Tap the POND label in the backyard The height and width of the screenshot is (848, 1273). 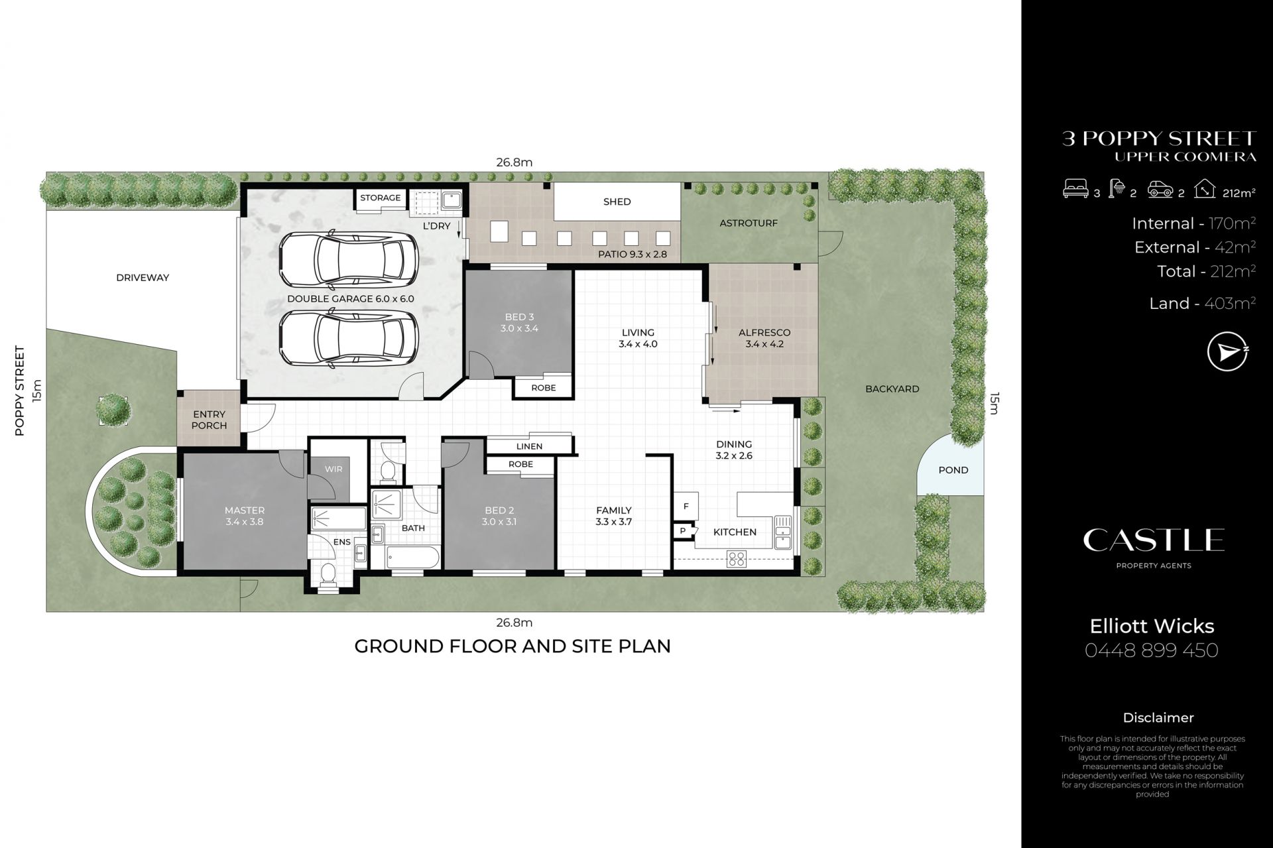(x=953, y=470)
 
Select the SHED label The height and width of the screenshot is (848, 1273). (x=617, y=202)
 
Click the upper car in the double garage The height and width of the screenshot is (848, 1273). (x=349, y=260)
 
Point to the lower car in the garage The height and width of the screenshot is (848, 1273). (x=349, y=338)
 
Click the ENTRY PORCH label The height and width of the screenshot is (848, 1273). (x=209, y=420)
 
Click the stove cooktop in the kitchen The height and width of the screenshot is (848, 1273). (x=737, y=558)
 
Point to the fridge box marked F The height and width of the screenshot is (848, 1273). (x=686, y=506)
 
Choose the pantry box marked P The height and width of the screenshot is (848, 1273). (x=682, y=531)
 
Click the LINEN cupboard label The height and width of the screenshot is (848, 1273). (x=529, y=446)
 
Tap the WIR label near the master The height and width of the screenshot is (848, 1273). (x=333, y=469)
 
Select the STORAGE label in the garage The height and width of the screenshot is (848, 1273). (x=380, y=198)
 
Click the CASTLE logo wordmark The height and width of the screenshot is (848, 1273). (x=1154, y=540)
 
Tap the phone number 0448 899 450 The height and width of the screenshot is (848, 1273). (x=1152, y=650)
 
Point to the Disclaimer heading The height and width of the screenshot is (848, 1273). (x=1158, y=717)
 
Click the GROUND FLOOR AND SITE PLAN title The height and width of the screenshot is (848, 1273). (x=513, y=646)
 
